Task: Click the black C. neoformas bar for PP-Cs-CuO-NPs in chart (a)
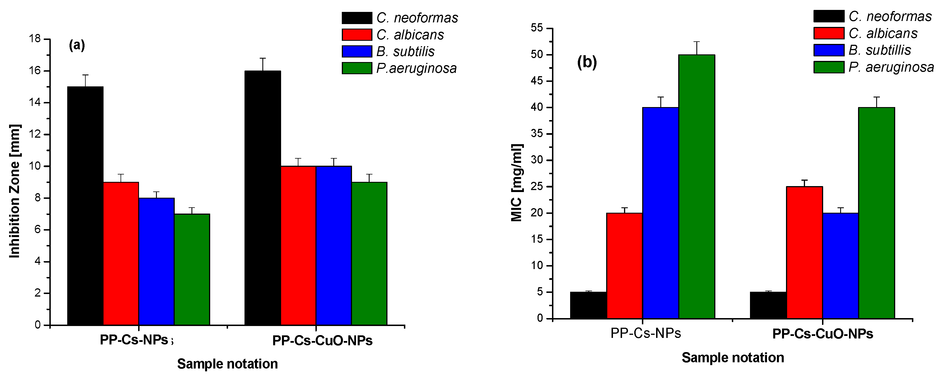[x=263, y=197]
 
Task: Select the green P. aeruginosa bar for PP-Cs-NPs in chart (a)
[x=192, y=270]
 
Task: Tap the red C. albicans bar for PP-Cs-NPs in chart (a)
[x=121, y=254]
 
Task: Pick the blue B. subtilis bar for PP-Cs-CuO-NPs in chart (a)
[x=334, y=246]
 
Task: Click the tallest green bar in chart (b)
[x=697, y=186]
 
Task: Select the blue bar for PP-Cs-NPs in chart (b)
[x=660, y=213]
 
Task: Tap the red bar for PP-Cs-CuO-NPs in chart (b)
[x=804, y=252]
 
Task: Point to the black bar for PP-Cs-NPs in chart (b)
[x=588, y=305]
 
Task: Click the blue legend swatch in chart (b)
[x=829, y=50]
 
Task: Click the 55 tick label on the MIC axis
[x=538, y=28]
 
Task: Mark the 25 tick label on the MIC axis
[x=538, y=187]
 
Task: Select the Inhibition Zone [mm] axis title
[x=15, y=191]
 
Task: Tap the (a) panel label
[x=77, y=45]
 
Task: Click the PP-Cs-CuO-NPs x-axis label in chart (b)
[x=822, y=334]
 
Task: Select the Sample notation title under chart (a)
[x=227, y=364]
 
